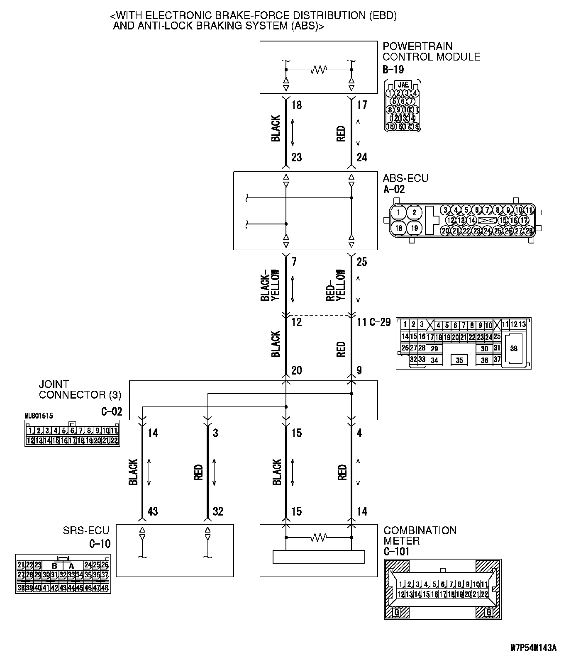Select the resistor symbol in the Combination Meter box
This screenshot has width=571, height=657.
(x=319, y=538)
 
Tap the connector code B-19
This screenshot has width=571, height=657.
(x=393, y=69)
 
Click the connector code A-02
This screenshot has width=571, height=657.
(x=393, y=190)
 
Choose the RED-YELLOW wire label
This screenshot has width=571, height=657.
(x=336, y=285)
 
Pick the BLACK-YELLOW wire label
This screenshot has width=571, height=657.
(x=270, y=285)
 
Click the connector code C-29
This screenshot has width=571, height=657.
(x=380, y=322)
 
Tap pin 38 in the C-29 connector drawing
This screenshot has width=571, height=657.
(x=514, y=348)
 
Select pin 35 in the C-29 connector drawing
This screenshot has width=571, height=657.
(x=459, y=360)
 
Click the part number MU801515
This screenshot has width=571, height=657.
(x=39, y=415)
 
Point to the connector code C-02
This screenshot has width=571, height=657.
(x=112, y=411)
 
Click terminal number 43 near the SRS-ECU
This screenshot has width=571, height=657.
(x=153, y=511)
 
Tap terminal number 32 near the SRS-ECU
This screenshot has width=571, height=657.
(x=218, y=511)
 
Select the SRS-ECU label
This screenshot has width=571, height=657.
(x=86, y=530)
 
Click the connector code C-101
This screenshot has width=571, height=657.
(x=396, y=552)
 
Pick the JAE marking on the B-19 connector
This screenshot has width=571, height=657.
(x=403, y=84)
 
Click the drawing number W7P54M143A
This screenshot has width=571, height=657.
(x=533, y=647)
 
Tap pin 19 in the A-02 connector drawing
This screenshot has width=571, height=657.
(x=414, y=228)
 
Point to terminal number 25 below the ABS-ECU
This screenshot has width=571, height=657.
(x=361, y=262)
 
